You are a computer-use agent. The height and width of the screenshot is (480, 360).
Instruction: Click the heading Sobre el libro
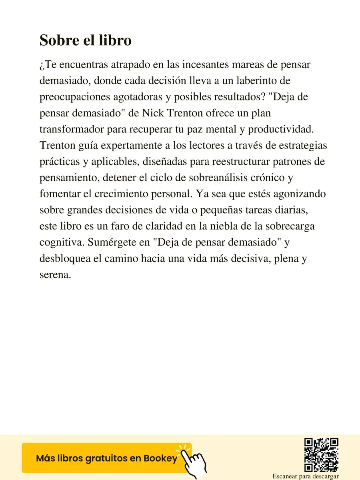86,41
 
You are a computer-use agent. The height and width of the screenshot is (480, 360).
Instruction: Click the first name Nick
152,113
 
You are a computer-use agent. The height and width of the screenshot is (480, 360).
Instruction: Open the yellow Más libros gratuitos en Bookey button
107,458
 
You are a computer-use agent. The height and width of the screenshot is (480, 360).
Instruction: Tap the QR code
322,454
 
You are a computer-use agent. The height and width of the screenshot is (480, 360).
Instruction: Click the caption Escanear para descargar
306,476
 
